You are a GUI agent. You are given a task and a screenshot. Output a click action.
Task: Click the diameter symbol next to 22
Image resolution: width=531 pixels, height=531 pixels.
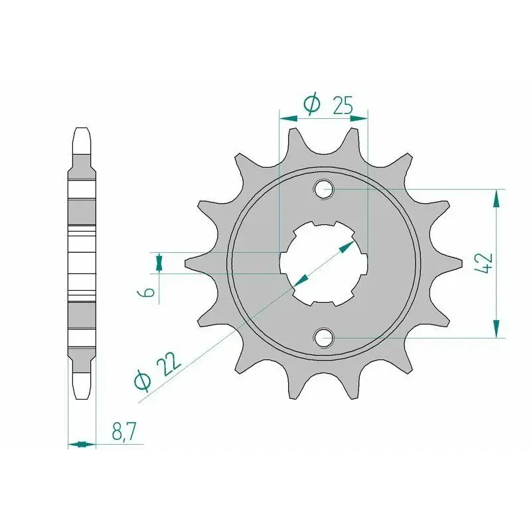pos(142,381)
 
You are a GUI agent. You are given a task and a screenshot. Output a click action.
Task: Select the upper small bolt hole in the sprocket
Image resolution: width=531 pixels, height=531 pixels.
pos(324,189)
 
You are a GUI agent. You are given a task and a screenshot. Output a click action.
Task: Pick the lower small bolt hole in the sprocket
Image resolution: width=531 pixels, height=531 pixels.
pos(324,337)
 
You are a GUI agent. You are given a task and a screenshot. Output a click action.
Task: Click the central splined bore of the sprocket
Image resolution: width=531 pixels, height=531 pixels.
pos(324,264)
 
